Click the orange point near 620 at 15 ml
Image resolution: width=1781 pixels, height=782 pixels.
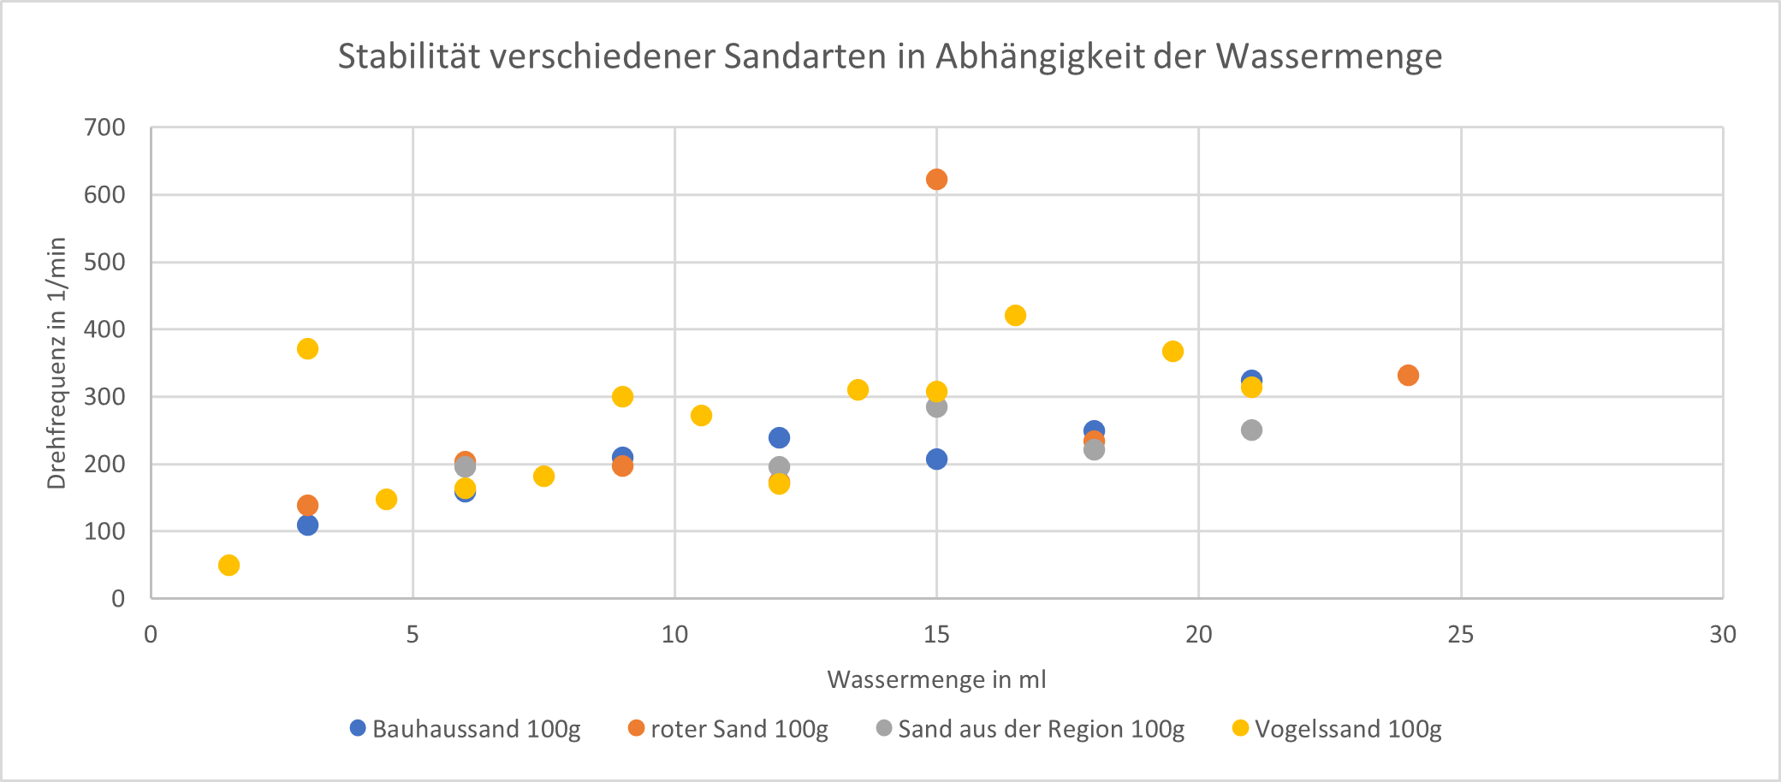(x=936, y=180)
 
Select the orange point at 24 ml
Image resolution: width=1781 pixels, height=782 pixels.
(x=1408, y=376)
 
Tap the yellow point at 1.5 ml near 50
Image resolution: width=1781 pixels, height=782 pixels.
(x=229, y=566)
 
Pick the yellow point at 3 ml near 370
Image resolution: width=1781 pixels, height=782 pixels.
(x=307, y=349)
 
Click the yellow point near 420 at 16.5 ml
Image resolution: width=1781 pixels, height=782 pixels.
(x=1015, y=316)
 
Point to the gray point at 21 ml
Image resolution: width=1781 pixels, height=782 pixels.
(x=1251, y=430)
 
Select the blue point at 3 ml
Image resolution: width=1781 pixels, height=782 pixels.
(x=307, y=525)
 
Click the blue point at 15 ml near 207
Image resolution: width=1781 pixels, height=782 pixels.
(x=936, y=459)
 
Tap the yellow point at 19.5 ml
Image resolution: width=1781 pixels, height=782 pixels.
(x=1172, y=352)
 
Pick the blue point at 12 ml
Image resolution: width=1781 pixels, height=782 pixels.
(x=779, y=438)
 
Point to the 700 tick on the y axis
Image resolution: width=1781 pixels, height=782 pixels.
(x=104, y=127)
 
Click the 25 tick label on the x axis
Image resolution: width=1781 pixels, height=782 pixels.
(x=1461, y=635)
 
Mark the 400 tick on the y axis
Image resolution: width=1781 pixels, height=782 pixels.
(x=104, y=329)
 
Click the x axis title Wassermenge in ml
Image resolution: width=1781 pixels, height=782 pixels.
(x=936, y=679)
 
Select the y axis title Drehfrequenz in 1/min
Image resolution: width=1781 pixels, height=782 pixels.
(x=56, y=363)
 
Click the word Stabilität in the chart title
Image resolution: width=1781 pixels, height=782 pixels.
(x=398, y=56)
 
